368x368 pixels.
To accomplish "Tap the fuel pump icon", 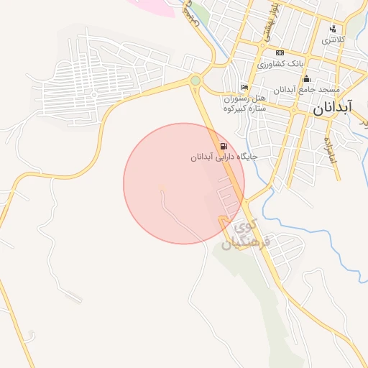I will tap(225, 145).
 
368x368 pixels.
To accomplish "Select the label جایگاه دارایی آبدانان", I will tap(224, 157).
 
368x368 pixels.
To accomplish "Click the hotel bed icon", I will tap(245, 87).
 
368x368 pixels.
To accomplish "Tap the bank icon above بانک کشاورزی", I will tap(280, 52).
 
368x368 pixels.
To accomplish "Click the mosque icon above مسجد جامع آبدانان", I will tap(306, 78).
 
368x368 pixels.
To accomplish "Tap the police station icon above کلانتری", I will tap(332, 29).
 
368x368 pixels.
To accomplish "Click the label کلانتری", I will tap(333, 40).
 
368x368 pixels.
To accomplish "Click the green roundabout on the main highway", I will tap(195, 80).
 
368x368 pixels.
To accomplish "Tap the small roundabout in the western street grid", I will tap(93, 94).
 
